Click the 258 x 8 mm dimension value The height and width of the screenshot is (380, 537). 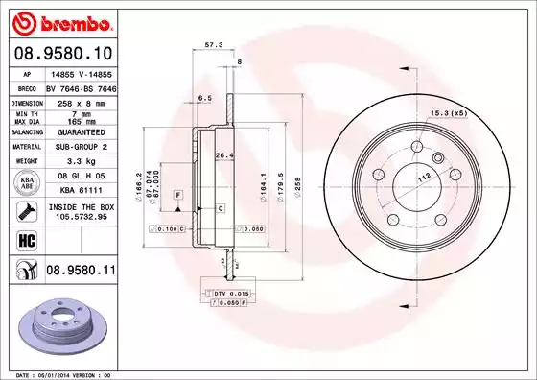coord(78,101)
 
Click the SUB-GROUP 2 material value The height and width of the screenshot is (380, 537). coord(78,147)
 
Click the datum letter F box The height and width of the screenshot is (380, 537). coord(177,195)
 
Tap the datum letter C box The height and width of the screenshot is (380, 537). coord(220,207)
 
